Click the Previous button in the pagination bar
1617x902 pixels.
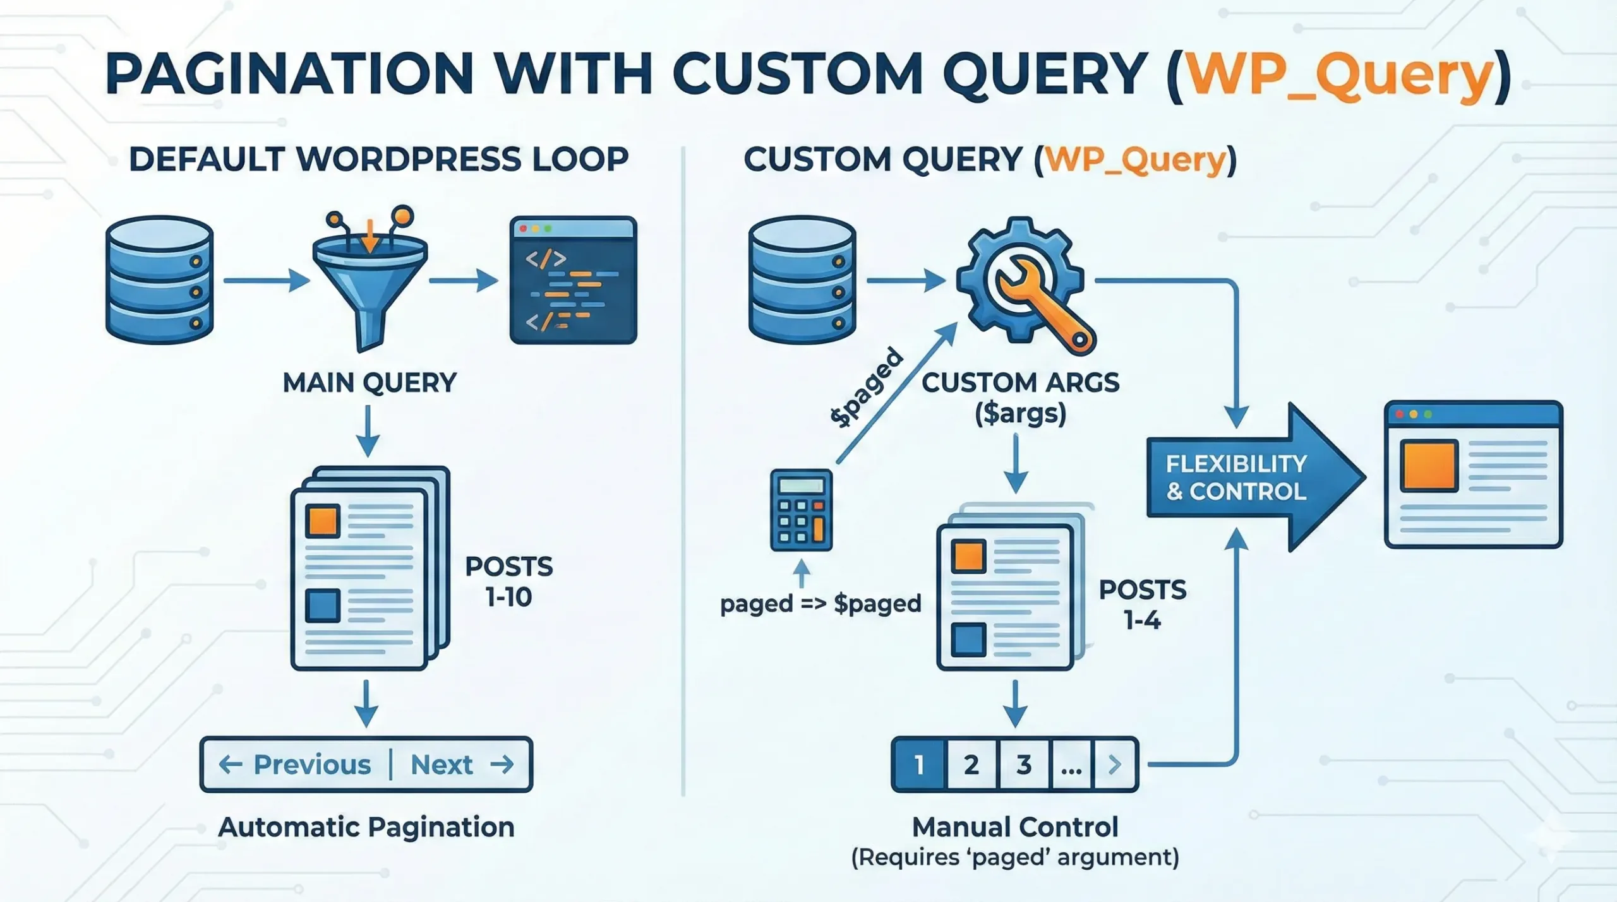(x=296, y=764)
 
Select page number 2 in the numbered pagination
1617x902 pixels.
(x=971, y=764)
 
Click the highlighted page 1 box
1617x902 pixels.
(x=919, y=764)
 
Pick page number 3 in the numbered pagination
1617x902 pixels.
(x=1023, y=764)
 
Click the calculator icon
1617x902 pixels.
(x=801, y=510)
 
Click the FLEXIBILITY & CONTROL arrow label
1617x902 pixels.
(x=1235, y=478)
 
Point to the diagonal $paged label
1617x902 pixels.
(x=867, y=388)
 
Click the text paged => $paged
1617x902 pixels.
(x=821, y=603)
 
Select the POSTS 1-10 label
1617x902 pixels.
(x=508, y=581)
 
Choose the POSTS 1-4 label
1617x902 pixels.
(x=1142, y=605)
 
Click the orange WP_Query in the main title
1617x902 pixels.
(x=1339, y=74)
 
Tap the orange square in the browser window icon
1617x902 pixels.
(x=1429, y=466)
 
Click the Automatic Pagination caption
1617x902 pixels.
(x=366, y=827)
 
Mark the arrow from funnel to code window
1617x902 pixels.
(x=463, y=280)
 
